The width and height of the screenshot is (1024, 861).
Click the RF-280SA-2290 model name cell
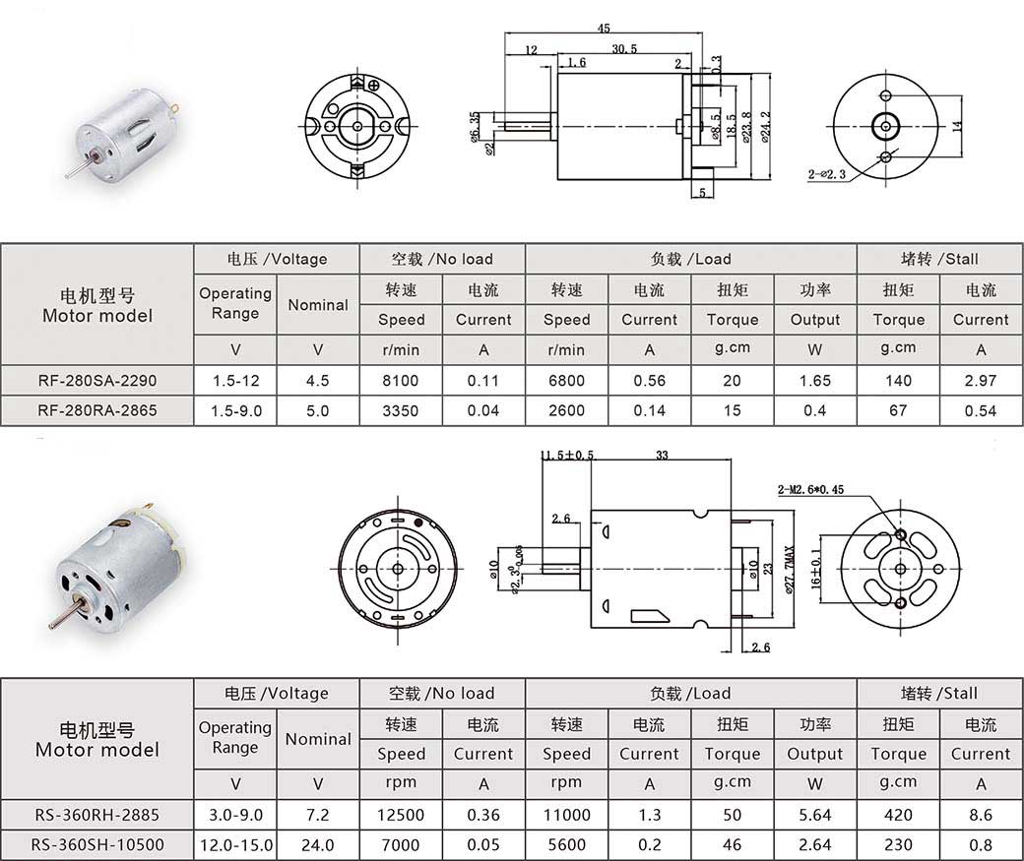[97, 381]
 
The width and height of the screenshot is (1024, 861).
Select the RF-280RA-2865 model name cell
[97, 410]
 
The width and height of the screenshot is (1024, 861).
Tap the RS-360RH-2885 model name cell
[97, 815]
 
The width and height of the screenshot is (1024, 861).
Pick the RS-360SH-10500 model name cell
[97, 844]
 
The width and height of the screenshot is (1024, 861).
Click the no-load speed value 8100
[401, 381]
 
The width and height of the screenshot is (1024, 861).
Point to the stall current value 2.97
[981, 381]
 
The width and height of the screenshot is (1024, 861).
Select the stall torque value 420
[898, 815]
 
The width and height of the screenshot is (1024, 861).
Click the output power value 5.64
[815, 815]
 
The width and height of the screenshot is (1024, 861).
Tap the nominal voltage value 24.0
[317, 844]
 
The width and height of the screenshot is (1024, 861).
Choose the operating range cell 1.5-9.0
[235, 411]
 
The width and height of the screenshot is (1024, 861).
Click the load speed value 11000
[567, 815]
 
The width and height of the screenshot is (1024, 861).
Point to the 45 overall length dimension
[604, 29]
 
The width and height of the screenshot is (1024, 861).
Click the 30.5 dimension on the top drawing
[624, 48]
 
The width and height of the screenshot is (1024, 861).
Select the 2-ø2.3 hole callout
[827, 174]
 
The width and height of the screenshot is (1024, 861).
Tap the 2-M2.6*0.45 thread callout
[810, 490]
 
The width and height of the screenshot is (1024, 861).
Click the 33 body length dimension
[662, 455]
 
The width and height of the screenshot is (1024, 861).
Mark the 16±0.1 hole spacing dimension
[815, 569]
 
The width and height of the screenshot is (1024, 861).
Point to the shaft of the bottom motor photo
[66, 614]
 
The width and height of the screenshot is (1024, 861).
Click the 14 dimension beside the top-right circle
[957, 126]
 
